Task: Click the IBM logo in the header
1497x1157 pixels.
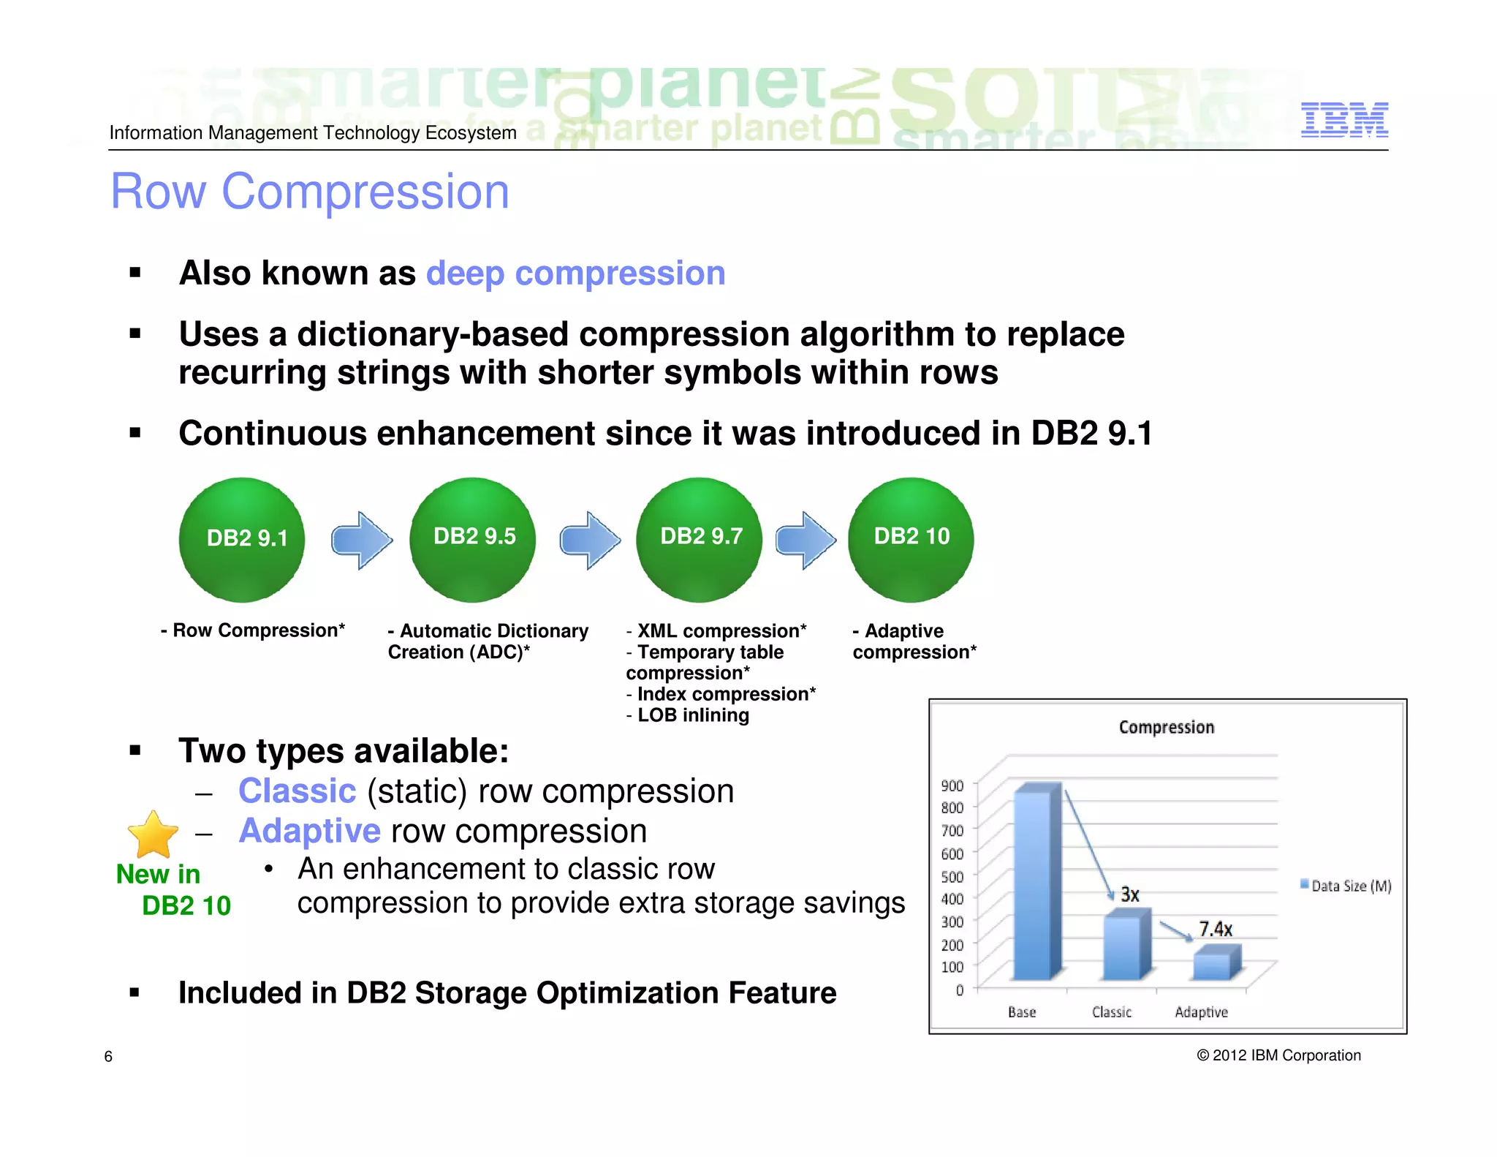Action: click(1343, 120)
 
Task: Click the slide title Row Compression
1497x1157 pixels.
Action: click(309, 192)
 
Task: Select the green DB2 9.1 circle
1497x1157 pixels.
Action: click(242, 540)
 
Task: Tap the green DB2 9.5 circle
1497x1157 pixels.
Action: click(473, 539)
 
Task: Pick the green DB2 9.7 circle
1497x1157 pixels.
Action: click(700, 539)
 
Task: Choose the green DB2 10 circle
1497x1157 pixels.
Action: click(911, 539)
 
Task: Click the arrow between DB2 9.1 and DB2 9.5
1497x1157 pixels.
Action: click(362, 540)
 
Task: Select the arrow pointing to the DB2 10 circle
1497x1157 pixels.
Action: click(806, 540)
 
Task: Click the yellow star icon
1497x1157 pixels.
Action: click(153, 834)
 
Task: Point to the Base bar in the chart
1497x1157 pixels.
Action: click(1036, 885)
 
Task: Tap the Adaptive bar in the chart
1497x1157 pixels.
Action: click(1215, 964)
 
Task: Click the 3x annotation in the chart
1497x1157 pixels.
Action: click(1129, 894)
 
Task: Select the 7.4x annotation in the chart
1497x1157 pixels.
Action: click(1215, 929)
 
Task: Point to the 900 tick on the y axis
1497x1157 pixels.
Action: click(952, 785)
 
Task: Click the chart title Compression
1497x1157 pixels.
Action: click(1166, 727)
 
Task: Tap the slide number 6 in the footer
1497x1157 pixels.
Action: click(108, 1056)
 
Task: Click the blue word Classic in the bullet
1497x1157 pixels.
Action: click(297, 791)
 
